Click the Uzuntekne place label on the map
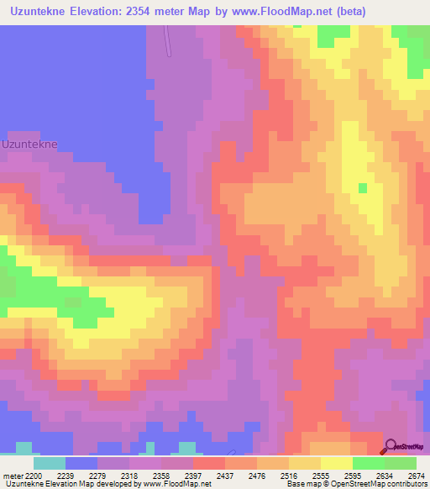coord(29,144)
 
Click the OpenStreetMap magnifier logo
coord(390,448)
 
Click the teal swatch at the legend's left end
coord(49,463)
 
